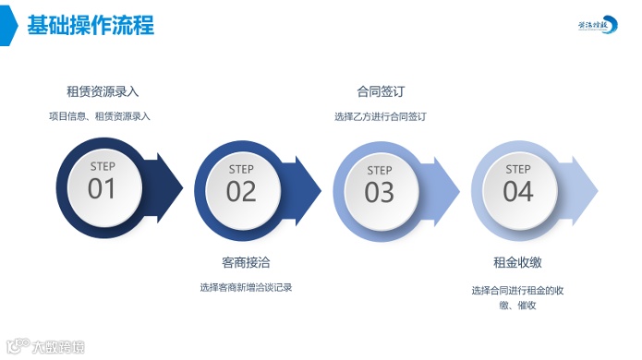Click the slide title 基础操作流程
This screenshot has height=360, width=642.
coord(91,24)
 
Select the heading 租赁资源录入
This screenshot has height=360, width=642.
coord(103,91)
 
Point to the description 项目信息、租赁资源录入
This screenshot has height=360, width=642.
coord(100,116)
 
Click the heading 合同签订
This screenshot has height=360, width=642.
coord(380,91)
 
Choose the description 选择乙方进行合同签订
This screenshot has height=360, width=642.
coord(380,116)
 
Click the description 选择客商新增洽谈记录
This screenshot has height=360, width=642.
coord(246,287)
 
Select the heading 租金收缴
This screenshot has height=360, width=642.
coord(517,262)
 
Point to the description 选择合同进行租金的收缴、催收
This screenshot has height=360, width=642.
coord(517,297)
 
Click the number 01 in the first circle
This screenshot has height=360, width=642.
coord(103,189)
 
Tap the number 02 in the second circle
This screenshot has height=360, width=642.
coord(241,191)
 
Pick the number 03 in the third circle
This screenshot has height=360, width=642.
coord(380,192)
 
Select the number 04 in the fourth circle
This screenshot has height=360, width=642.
coord(518,191)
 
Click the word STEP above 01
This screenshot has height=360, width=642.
coord(103,167)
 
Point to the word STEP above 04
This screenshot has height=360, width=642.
coord(518,169)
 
